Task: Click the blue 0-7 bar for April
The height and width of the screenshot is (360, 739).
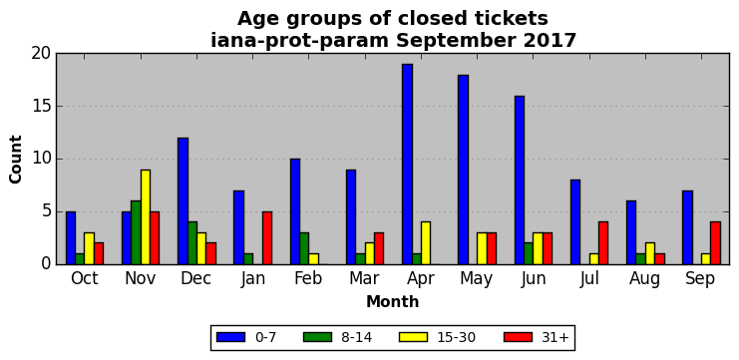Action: click(x=408, y=165)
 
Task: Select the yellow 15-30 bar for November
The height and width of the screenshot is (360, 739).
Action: click(x=146, y=217)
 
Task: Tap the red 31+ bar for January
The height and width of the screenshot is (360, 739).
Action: click(x=267, y=238)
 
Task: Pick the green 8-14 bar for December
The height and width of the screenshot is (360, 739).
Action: click(x=192, y=243)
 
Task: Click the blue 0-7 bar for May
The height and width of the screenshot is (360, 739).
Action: click(x=464, y=170)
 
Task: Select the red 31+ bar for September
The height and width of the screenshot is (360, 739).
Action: click(x=715, y=243)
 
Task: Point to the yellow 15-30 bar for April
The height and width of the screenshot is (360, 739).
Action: click(x=426, y=243)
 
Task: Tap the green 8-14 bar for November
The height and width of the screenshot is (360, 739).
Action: click(x=137, y=232)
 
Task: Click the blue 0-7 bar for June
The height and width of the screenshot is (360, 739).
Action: click(x=520, y=180)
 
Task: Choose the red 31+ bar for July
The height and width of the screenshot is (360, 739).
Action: click(x=603, y=243)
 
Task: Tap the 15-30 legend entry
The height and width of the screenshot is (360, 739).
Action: click(x=437, y=337)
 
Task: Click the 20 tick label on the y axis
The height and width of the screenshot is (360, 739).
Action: click(x=41, y=54)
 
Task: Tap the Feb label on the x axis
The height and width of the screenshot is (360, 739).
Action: click(x=308, y=279)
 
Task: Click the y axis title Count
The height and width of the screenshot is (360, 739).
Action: click(x=16, y=160)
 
